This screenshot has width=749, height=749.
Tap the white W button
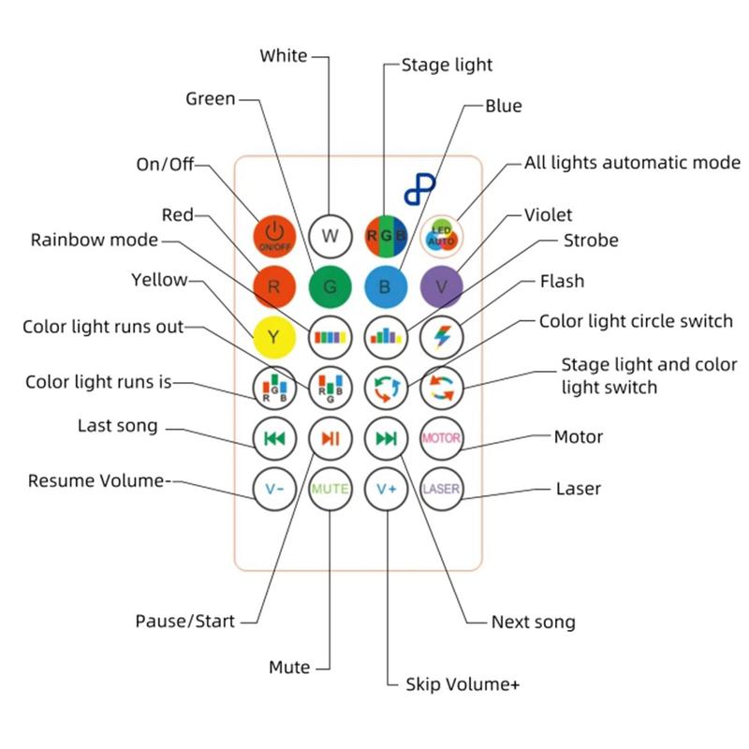point(330,235)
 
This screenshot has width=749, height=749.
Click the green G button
point(330,286)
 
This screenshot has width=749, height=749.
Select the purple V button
point(441,286)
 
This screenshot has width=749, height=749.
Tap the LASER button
point(441,488)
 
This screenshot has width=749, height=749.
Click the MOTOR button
point(441,437)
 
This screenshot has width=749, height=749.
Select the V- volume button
point(273,488)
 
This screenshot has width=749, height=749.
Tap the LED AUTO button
point(441,235)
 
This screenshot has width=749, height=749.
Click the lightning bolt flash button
point(441,335)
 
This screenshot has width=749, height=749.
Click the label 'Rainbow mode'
point(95,240)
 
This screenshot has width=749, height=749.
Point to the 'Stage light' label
point(447,65)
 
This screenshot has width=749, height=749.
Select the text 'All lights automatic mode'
point(632,162)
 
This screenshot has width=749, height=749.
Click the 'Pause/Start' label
point(184,621)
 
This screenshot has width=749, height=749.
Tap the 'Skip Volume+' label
point(463,684)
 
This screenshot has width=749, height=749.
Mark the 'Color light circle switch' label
point(636,321)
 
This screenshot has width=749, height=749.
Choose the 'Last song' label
point(118,427)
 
